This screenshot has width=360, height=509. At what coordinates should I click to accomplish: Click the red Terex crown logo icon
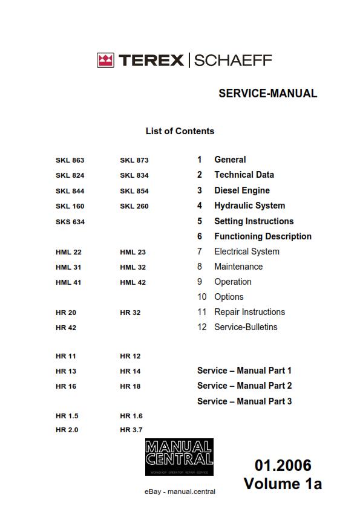[x=105, y=60]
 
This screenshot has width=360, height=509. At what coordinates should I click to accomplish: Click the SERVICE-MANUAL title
[x=267, y=94]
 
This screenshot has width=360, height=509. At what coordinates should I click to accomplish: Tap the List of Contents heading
[x=180, y=131]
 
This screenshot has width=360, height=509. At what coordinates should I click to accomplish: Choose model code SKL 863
[x=70, y=160]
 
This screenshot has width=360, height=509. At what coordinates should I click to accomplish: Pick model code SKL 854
[x=134, y=191]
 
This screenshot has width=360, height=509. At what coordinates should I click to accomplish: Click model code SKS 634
[x=70, y=222]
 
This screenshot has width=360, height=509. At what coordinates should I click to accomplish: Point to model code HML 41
[x=68, y=282]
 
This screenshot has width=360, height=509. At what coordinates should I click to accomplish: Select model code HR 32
[x=130, y=313]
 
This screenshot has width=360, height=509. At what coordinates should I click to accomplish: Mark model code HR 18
[x=130, y=386]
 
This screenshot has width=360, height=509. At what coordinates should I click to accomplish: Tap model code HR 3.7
[x=131, y=430]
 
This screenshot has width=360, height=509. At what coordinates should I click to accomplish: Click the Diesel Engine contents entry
[x=242, y=190]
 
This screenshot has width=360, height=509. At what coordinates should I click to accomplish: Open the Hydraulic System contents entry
[x=249, y=206]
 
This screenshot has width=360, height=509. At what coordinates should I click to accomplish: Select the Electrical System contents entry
[x=247, y=251]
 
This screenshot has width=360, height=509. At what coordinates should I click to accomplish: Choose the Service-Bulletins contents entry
[x=246, y=327]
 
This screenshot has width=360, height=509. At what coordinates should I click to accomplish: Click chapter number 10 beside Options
[x=202, y=297]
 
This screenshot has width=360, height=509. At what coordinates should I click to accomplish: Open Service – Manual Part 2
[x=244, y=386]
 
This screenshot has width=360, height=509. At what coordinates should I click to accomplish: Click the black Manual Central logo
[x=179, y=458]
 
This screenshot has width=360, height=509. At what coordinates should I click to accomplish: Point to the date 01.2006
[x=283, y=465]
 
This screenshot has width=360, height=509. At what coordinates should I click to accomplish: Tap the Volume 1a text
[x=283, y=484]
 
